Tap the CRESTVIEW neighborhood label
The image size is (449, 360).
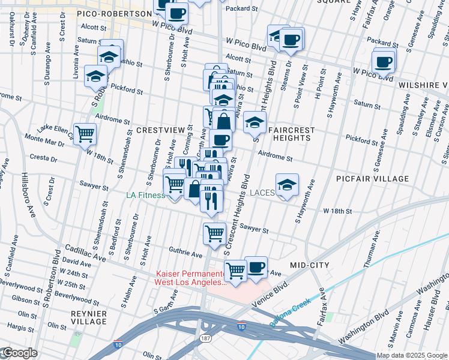[x=158, y=130]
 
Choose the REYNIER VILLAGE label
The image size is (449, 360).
[x=88, y=319]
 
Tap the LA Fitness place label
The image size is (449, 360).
[x=145, y=195]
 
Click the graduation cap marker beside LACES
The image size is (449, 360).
[x=288, y=185]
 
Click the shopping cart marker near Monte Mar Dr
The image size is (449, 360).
[x=85, y=134]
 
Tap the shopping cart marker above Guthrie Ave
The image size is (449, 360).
[x=214, y=233]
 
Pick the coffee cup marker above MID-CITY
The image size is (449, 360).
[x=256, y=267]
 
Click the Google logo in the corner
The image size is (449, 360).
[x=19, y=353]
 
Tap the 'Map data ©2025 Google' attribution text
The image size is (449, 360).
[x=412, y=355]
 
